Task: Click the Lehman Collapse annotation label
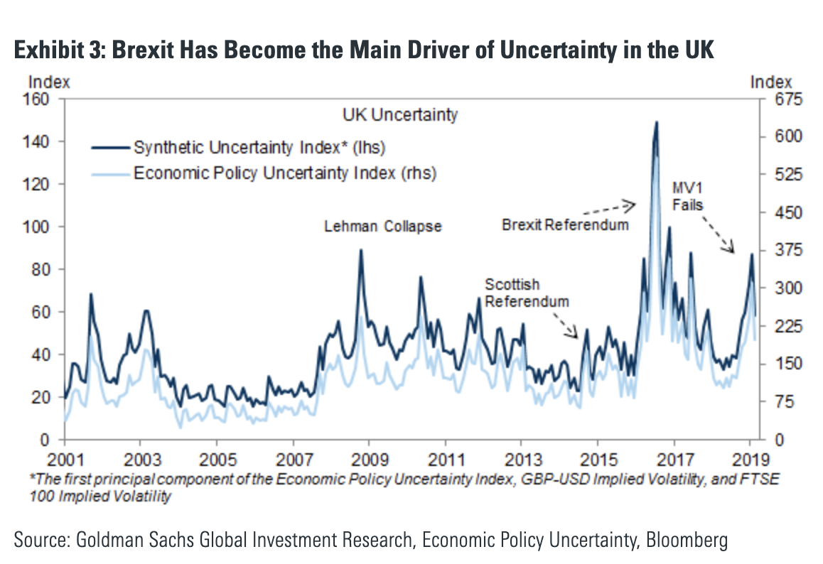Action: click(x=383, y=227)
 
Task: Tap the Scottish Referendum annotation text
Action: click(x=527, y=293)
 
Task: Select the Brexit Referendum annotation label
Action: click(x=565, y=225)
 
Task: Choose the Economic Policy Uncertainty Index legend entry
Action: click(x=284, y=172)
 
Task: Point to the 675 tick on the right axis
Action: click(x=776, y=99)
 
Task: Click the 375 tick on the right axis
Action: click(x=776, y=251)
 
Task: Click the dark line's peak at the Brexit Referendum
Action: click(x=656, y=122)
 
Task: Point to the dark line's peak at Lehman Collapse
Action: click(x=361, y=250)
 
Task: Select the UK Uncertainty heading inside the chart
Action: click(x=400, y=114)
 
